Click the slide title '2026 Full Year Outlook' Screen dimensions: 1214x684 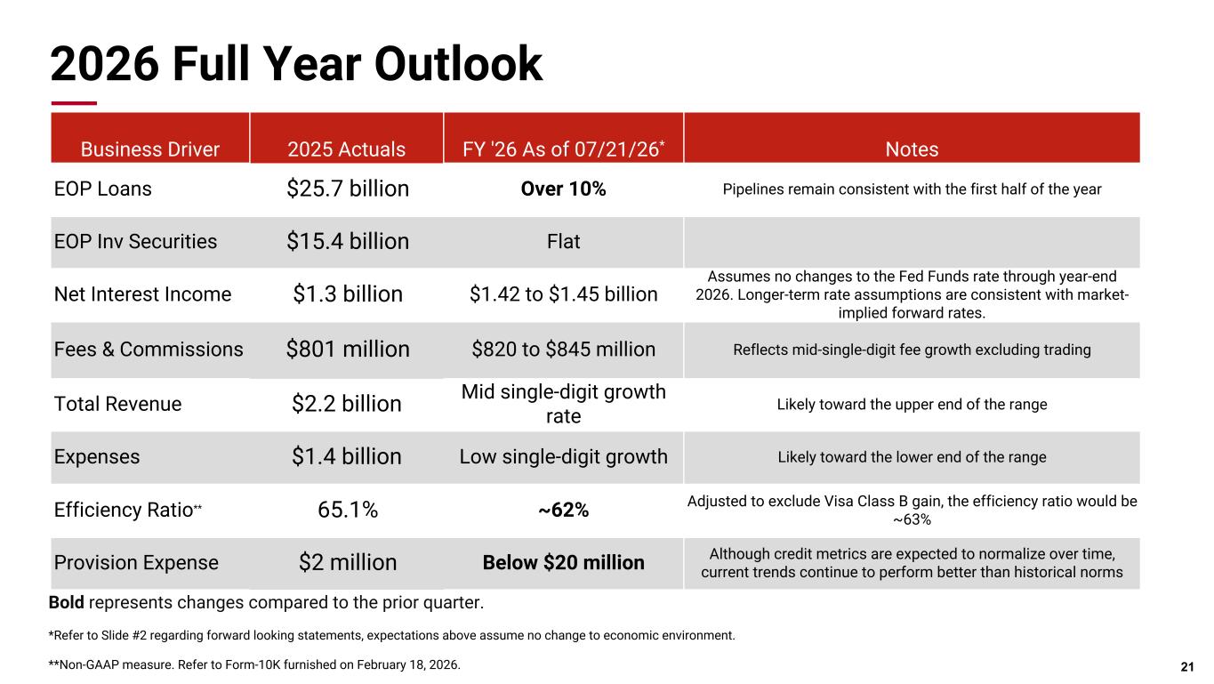point(296,64)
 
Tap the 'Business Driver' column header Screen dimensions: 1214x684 point(150,149)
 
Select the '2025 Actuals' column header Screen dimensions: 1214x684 point(346,149)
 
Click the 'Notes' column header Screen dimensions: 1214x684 point(912,149)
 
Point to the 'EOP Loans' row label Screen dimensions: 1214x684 point(103,189)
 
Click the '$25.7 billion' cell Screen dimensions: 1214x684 point(348,189)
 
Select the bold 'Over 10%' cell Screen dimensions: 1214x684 point(563,189)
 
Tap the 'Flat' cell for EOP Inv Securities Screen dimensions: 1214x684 point(563,241)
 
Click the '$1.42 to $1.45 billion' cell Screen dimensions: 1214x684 point(563,294)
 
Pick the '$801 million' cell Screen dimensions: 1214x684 point(348,349)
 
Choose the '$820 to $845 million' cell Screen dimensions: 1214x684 point(563,349)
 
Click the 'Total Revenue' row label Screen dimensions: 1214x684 point(117,404)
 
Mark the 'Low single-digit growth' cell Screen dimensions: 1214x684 point(563,456)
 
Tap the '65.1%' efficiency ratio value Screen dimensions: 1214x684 point(348,510)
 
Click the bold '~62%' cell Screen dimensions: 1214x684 point(563,510)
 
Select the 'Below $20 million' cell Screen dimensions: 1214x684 point(563,562)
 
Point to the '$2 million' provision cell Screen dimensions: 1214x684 point(348,562)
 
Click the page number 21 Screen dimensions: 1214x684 point(1187,667)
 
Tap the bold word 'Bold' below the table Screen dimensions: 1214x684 point(66,602)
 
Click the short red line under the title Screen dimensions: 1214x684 point(74,103)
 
